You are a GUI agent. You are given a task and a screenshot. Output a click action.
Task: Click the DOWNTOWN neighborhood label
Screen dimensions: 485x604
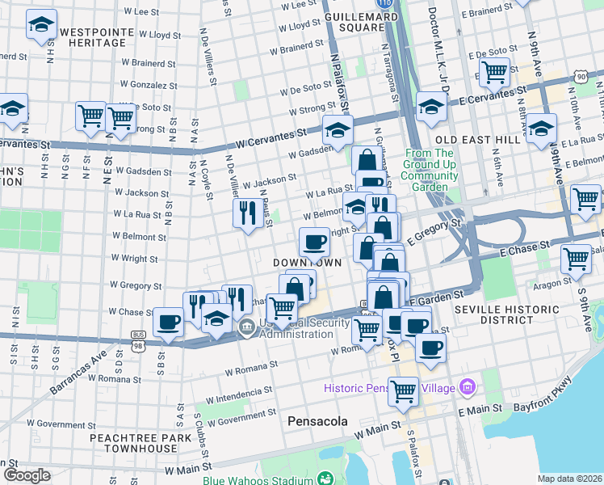click(x=306, y=264)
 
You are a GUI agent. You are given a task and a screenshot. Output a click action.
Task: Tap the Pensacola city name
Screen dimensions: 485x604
click(x=318, y=421)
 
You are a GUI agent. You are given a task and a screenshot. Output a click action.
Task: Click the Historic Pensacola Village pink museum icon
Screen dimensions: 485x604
click(x=466, y=388)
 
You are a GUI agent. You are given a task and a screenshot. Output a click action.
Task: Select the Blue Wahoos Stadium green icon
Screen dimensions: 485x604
click(x=325, y=479)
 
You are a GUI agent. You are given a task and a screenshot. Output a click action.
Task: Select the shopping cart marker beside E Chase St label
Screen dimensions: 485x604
click(x=575, y=259)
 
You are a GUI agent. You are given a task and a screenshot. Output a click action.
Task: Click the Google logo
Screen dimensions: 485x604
click(x=27, y=475)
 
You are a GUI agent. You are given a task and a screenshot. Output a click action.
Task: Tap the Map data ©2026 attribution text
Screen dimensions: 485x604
click(x=569, y=479)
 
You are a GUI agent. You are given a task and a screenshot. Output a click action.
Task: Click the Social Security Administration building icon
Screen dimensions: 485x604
click(x=246, y=329)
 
